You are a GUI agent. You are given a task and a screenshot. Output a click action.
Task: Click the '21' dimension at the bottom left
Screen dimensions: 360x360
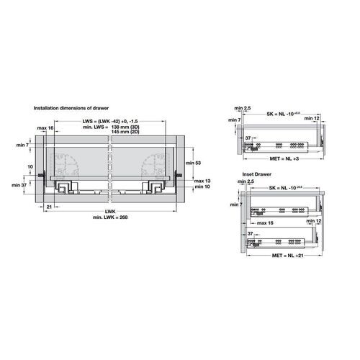tap(48, 206)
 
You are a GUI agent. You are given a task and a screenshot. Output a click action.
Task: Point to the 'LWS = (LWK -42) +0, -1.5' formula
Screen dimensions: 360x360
tap(108, 120)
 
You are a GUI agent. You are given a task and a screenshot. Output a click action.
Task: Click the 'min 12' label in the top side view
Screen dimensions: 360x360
tap(321, 117)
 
